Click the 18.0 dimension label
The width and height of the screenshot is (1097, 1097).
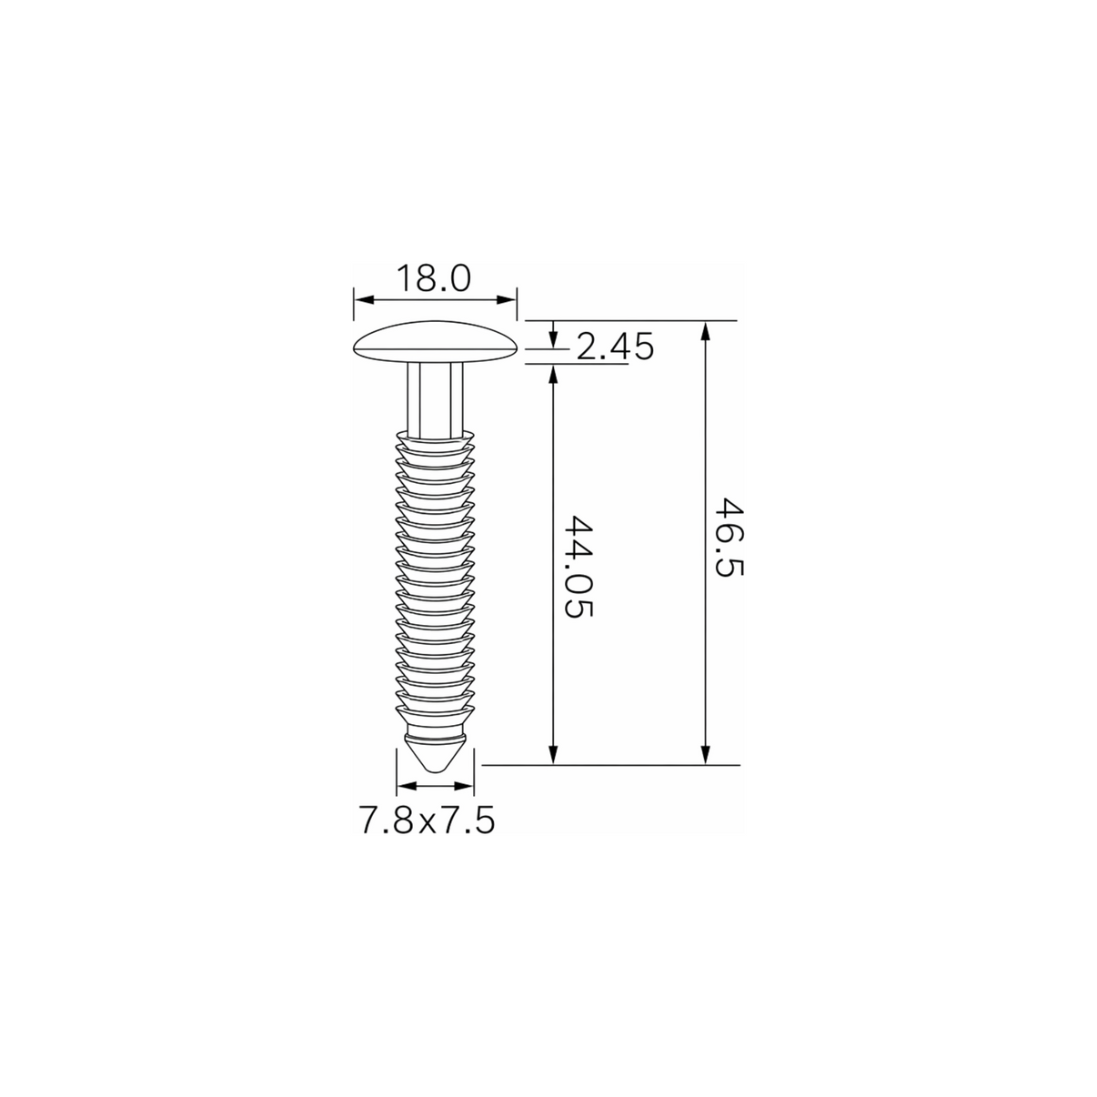(434, 278)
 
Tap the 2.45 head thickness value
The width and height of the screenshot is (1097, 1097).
(615, 347)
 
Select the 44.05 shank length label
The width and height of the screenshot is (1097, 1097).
(579, 567)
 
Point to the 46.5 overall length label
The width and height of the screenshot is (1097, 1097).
(730, 538)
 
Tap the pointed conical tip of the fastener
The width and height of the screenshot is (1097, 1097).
(436, 753)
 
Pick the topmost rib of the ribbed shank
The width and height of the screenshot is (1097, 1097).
(436, 438)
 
